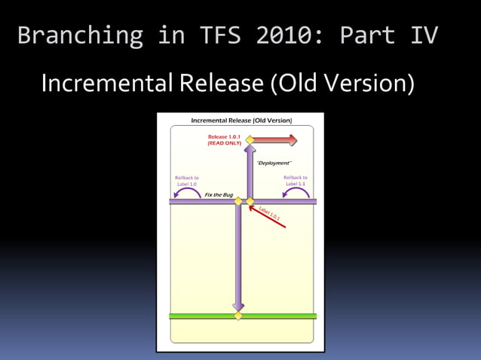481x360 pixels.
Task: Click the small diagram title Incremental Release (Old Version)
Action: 241,121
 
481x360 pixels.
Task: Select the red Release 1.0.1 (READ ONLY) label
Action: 224,139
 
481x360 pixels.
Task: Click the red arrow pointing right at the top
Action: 275,140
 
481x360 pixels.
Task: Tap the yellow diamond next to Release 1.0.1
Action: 250,139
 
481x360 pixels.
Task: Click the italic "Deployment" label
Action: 274,163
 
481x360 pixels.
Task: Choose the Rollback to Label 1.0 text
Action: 186,181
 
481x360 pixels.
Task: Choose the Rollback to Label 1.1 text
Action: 296,181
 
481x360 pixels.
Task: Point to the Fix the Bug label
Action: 219,195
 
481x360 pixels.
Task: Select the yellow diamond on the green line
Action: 238,316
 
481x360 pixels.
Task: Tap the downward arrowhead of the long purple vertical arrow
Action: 238,305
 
